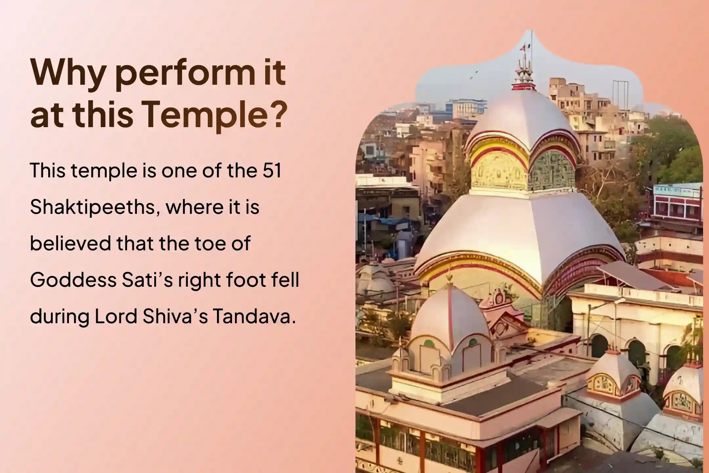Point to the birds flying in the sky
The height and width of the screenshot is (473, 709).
pyautogui.click(x=473, y=75)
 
